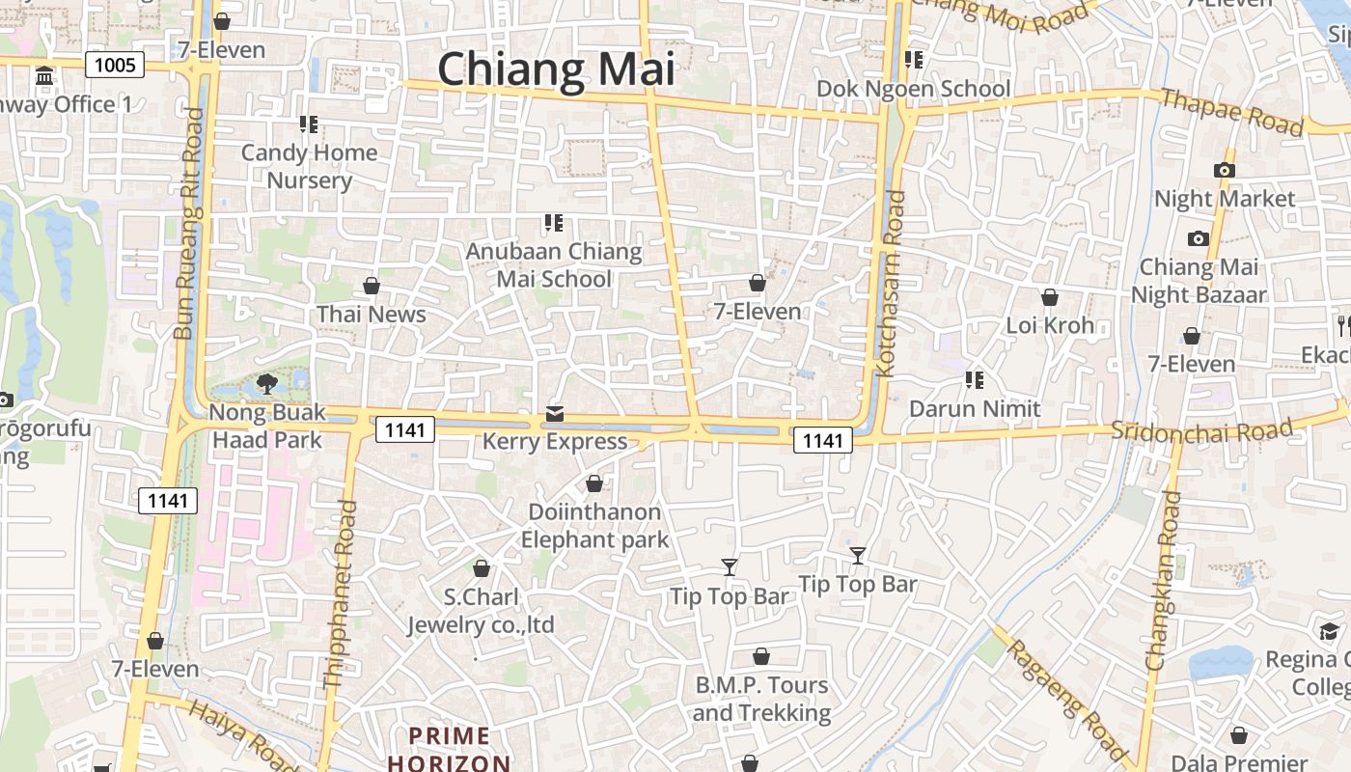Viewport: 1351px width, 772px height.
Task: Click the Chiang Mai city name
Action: [556, 69]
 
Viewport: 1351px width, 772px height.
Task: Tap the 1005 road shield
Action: [115, 65]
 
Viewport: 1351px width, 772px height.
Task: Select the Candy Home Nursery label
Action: [309, 166]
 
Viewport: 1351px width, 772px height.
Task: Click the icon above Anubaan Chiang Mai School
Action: [553, 224]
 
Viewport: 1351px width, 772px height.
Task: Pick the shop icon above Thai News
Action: [372, 286]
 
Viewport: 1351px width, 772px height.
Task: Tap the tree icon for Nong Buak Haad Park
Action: [267, 385]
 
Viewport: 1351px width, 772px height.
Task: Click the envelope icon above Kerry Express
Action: [555, 414]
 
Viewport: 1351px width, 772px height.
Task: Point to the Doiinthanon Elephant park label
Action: [594, 525]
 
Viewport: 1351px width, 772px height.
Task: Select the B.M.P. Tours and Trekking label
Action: [761, 699]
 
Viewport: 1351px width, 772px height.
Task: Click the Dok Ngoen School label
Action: [913, 89]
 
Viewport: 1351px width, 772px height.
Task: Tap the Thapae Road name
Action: [1231, 112]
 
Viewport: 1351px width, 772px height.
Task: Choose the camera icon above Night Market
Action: [1225, 170]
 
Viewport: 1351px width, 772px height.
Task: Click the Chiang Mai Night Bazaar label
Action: [1199, 280]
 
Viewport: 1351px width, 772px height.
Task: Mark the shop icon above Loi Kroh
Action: [1050, 297]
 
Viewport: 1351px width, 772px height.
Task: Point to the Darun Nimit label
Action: [975, 408]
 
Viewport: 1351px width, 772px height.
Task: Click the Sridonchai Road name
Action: [1200, 430]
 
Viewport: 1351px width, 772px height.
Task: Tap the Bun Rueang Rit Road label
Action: [189, 224]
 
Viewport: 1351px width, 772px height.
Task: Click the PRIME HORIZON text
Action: [450, 749]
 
